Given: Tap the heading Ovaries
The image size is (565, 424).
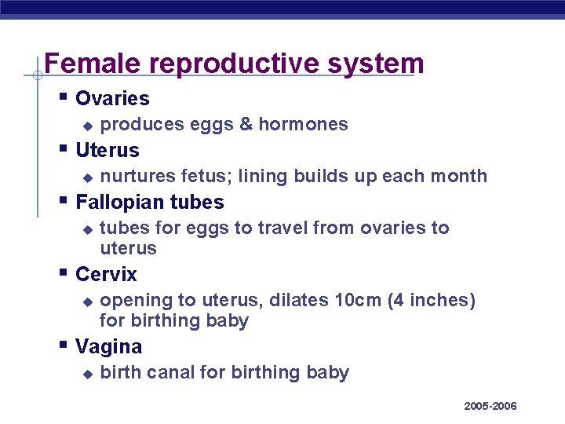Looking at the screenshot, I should (112, 99).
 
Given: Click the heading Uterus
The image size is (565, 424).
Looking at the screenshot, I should (108, 150).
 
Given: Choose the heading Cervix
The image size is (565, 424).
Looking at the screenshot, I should (106, 275).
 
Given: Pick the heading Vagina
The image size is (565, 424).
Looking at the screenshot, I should (109, 347).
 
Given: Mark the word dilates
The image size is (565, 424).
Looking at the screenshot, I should (300, 301).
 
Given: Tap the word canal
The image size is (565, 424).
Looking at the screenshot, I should (169, 372).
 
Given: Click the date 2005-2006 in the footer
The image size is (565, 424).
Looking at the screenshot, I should (490, 406).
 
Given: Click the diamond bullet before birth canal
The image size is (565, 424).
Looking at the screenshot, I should (88, 374).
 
